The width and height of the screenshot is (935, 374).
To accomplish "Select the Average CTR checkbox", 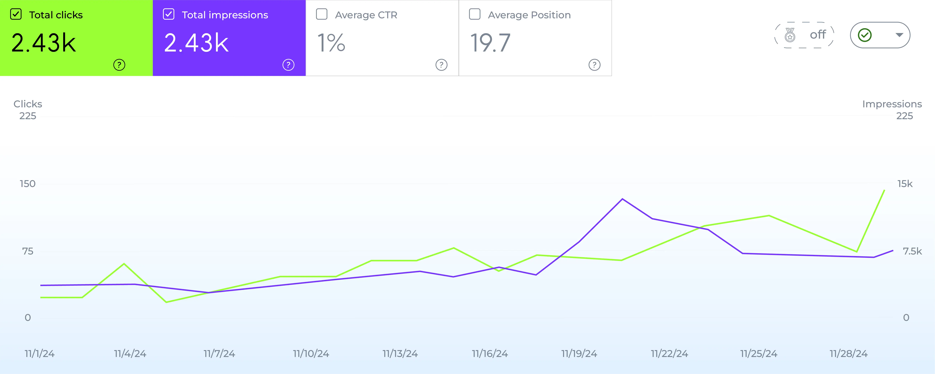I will pyautogui.click(x=322, y=15).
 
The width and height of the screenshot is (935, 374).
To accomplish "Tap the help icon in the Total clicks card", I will pyautogui.click(x=119, y=65).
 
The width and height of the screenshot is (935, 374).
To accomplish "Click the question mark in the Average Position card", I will pyautogui.click(x=594, y=65).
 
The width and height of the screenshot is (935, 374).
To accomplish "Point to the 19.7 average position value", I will pyautogui.click(x=490, y=43).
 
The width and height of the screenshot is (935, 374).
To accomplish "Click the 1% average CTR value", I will pyautogui.click(x=331, y=43).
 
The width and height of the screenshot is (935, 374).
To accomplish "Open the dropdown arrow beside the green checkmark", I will pyautogui.click(x=899, y=35).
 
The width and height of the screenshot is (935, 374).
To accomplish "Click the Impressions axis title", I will pyautogui.click(x=892, y=104).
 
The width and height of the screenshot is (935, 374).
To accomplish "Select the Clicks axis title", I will pyautogui.click(x=28, y=104).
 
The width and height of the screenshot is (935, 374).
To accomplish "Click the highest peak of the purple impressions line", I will pyautogui.click(x=622, y=199).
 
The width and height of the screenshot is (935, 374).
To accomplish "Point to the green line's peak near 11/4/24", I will pyautogui.click(x=124, y=264).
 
